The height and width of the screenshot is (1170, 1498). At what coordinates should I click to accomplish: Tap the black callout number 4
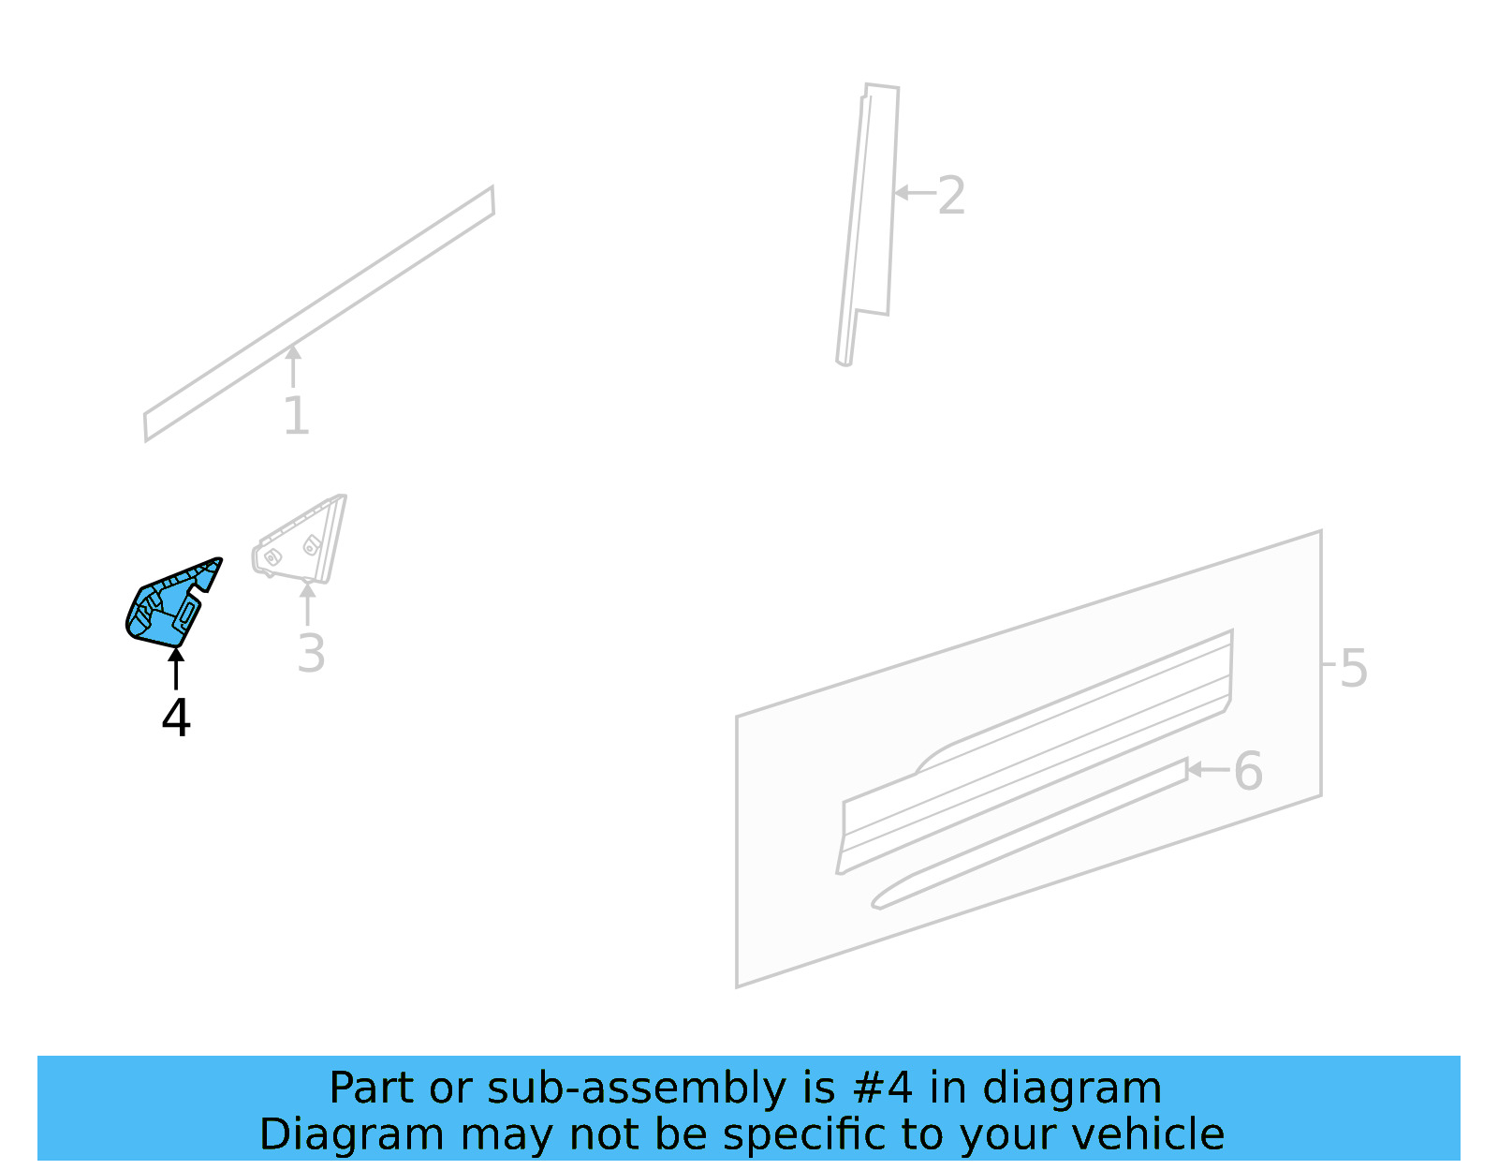(x=176, y=718)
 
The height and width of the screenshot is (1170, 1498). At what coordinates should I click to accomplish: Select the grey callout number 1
(x=296, y=416)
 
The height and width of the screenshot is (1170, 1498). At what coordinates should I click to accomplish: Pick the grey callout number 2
(x=951, y=196)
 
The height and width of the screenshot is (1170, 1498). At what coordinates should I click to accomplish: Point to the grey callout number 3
(x=311, y=654)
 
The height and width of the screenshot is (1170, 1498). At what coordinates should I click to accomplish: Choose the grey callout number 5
(x=1354, y=668)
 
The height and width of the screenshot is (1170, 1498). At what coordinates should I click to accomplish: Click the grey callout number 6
(x=1248, y=771)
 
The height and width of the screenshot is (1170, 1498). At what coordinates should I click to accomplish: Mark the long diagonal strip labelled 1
(x=318, y=314)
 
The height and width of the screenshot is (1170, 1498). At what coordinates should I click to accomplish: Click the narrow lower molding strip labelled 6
(x=1030, y=834)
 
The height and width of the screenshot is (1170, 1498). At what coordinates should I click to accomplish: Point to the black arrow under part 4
(x=176, y=668)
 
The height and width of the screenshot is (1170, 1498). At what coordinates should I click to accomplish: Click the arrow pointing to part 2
(x=915, y=193)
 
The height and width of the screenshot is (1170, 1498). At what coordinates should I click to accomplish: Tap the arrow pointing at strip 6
(x=1208, y=770)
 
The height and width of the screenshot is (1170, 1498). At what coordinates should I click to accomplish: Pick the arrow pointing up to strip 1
(x=293, y=365)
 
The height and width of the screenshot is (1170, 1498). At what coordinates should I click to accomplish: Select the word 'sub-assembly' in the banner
(x=639, y=1089)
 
